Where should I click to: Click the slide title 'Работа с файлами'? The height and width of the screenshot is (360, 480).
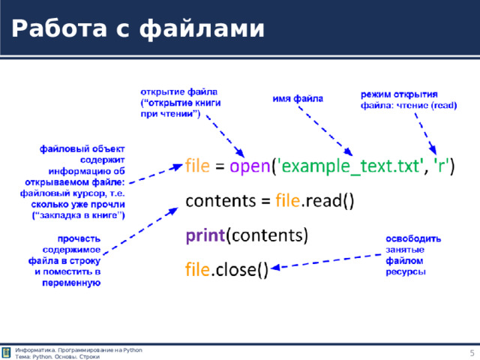138,28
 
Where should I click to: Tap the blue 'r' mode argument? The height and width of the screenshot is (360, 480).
444,166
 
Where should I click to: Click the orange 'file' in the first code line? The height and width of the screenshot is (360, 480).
198,166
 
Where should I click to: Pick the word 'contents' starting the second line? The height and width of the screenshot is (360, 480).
217,202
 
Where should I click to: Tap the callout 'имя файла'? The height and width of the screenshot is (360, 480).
298,99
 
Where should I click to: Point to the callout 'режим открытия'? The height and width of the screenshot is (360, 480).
399,94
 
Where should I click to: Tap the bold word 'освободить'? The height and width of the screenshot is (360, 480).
413,238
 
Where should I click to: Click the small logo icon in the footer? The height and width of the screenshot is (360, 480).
7,353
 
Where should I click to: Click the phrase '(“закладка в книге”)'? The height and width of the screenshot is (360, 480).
78,214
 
